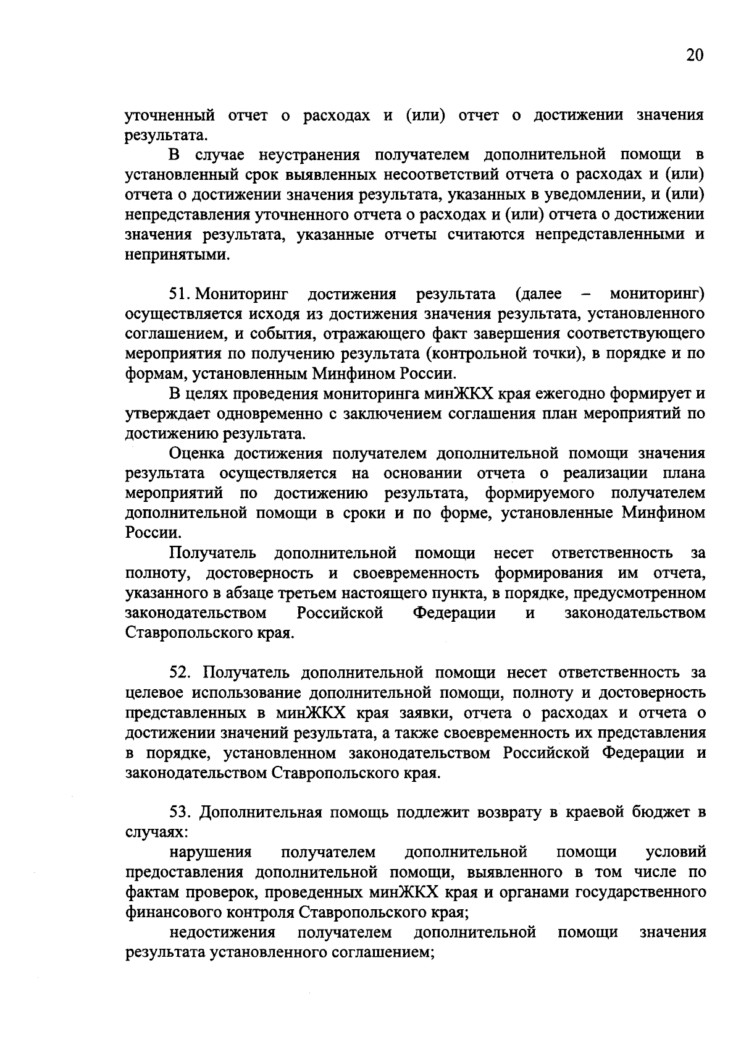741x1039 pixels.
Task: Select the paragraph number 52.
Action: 179,672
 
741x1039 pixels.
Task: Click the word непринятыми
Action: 177,255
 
